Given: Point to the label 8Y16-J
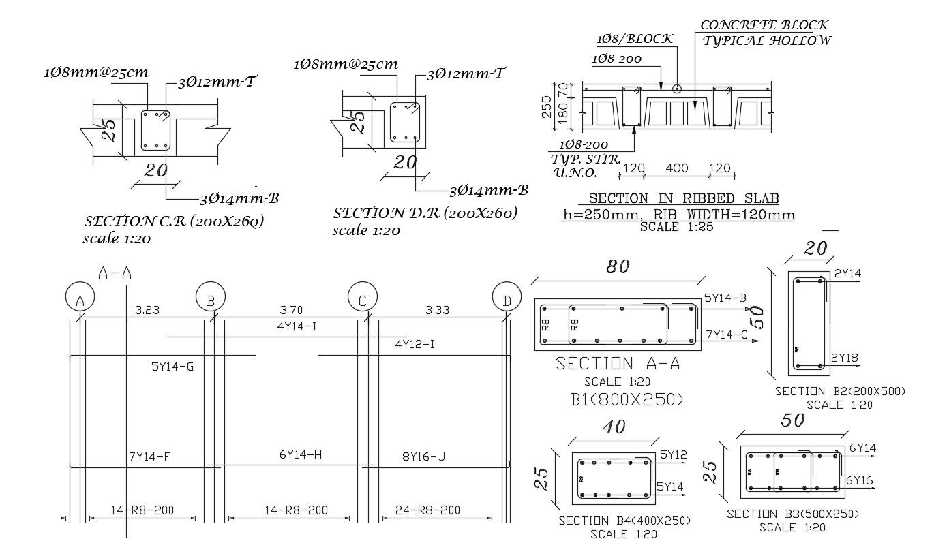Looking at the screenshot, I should point(423,456).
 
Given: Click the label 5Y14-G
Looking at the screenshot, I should point(172,367).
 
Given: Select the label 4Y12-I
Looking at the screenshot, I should point(415,345).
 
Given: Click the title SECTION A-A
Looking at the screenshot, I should point(618,363).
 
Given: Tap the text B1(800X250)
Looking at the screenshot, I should point(627,399).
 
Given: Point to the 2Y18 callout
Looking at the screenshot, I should point(845,358).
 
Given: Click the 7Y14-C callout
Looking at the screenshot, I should point(728,335).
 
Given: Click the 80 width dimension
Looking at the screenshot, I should point(618,266).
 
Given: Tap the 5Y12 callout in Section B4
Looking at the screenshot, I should point(674,454).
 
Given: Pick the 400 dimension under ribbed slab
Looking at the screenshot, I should point(676,168).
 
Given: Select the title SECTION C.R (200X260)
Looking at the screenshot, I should point(174,221).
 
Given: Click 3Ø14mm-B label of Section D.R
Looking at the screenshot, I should point(489,190).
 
